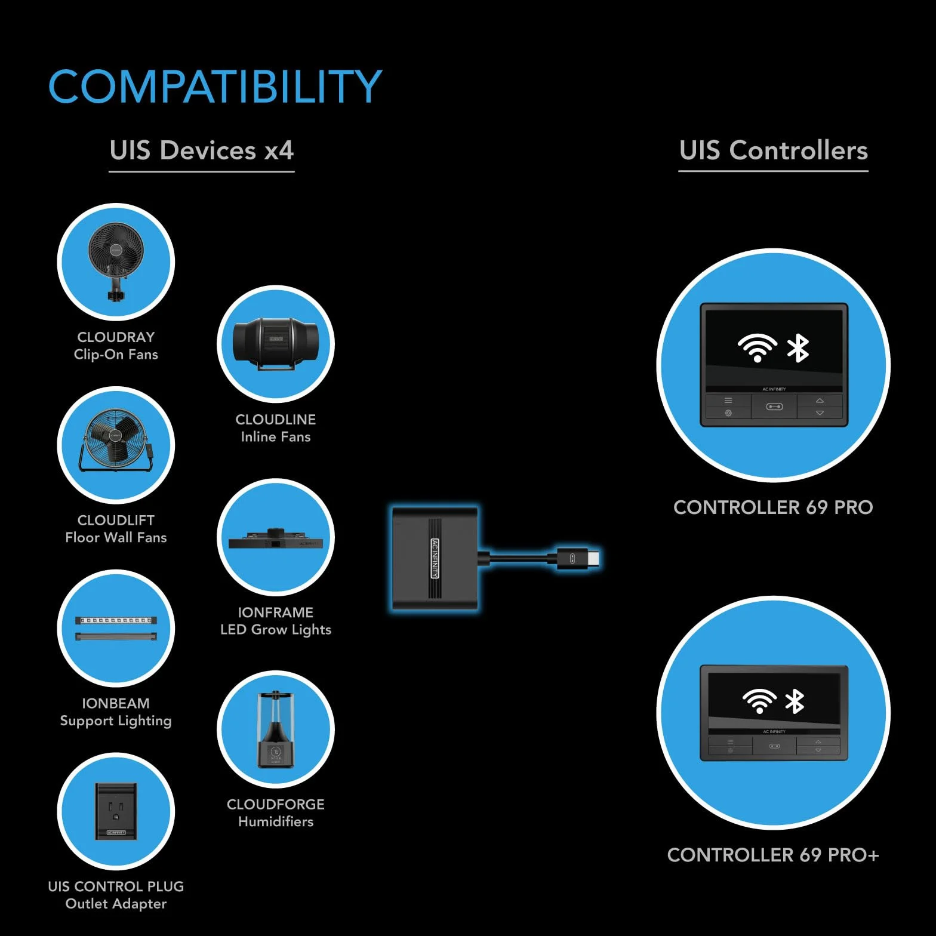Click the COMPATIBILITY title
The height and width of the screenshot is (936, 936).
click(x=215, y=86)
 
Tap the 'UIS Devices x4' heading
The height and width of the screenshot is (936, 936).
click(x=202, y=150)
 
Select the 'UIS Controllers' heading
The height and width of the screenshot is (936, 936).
click(x=774, y=150)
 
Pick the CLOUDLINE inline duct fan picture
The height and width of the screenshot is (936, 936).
click(x=275, y=343)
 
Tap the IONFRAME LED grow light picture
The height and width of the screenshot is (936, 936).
click(x=276, y=539)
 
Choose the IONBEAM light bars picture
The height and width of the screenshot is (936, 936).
click(x=116, y=628)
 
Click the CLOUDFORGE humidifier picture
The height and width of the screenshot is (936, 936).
click(x=276, y=729)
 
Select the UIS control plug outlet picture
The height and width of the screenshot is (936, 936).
click(x=116, y=811)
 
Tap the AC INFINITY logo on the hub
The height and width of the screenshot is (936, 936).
click(x=435, y=559)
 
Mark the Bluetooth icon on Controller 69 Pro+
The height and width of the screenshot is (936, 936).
click(x=795, y=701)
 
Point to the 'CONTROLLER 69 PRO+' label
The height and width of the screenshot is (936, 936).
click(x=773, y=855)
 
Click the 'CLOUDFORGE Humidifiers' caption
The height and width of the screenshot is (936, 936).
click(x=276, y=813)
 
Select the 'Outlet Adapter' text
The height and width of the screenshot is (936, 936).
click(x=116, y=904)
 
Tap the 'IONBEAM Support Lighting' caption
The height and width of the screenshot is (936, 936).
click(x=116, y=712)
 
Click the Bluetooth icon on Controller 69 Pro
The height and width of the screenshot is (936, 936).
click(x=798, y=348)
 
